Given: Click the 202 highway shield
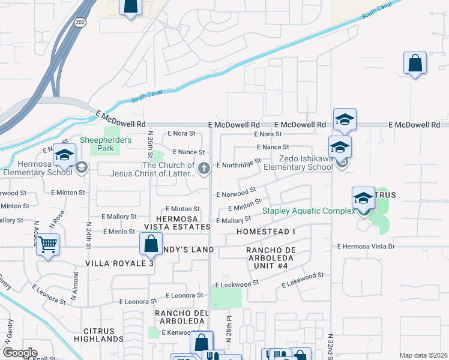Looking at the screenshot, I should [x=80, y=22].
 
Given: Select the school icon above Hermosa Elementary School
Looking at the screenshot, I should [x=64, y=155].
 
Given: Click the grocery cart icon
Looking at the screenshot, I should [x=47, y=244].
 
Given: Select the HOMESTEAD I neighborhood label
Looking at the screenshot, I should [x=266, y=232].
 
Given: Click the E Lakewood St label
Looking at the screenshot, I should [x=303, y=275].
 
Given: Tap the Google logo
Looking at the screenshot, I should [x=20, y=353].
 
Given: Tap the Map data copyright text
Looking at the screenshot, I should [x=423, y=355].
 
